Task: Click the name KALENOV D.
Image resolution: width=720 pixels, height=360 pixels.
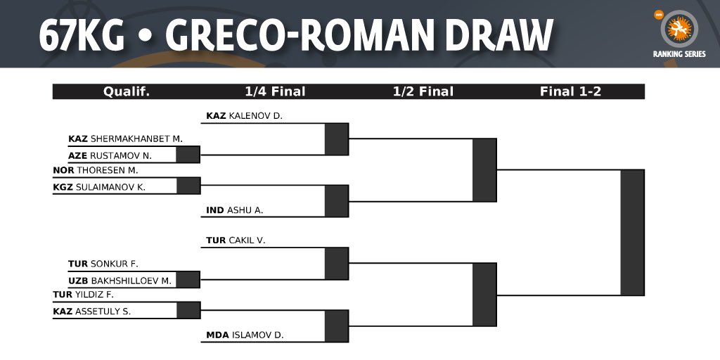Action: coord(255,115)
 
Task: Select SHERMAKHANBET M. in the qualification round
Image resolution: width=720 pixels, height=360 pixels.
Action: coord(136,139)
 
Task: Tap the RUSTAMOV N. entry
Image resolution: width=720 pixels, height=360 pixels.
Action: coord(121,155)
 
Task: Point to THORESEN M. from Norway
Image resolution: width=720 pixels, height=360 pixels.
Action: coord(107,170)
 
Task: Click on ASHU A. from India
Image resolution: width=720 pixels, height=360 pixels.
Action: coord(245,210)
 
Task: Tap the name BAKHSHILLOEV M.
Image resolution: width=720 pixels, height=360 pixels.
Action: coord(131,280)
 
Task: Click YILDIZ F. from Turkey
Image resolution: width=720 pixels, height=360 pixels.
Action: coord(94,295)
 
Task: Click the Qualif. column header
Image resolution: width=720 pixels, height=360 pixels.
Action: coord(127,91)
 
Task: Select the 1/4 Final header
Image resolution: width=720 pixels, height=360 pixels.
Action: coord(275,91)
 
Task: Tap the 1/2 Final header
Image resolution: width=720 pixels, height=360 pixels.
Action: coord(423,91)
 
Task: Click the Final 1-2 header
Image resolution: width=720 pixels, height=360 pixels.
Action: coord(570,91)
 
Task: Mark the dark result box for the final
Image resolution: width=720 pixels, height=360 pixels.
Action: coord(632,232)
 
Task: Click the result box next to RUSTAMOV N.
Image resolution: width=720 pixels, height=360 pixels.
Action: coord(188,155)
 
